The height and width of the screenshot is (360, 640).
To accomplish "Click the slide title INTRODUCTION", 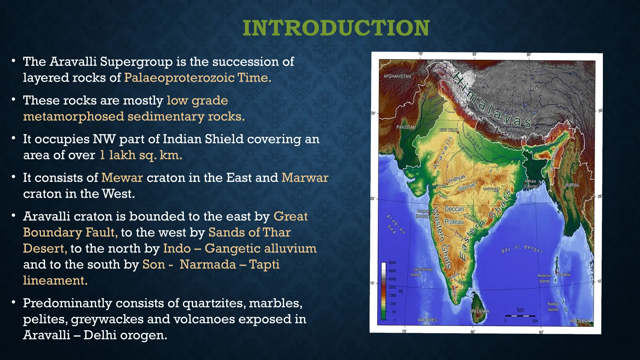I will tap(336, 28).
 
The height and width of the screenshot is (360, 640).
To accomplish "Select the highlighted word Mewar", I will tap(122, 178).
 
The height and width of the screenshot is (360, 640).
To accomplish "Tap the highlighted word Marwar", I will tap(305, 178).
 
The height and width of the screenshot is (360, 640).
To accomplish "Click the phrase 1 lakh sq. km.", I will tap(141, 155).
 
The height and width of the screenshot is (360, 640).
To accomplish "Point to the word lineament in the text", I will tap(55, 281).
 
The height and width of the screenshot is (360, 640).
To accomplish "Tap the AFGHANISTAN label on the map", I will tap(397, 76).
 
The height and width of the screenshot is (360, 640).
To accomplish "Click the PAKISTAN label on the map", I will tap(406, 127).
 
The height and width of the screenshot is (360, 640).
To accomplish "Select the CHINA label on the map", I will tap(532, 89).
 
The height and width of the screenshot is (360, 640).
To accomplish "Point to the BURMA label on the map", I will tap(572, 185).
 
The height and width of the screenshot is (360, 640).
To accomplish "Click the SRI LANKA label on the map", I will tap(479, 311).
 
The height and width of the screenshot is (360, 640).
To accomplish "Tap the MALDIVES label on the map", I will tap(427, 320).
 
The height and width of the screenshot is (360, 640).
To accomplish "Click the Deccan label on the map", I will tap(454, 209).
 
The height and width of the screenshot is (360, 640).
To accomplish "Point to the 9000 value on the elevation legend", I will tap(392, 263).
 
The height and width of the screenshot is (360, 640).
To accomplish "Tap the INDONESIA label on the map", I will tap(580, 321).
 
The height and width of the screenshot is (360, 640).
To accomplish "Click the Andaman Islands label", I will tap(544, 278).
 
